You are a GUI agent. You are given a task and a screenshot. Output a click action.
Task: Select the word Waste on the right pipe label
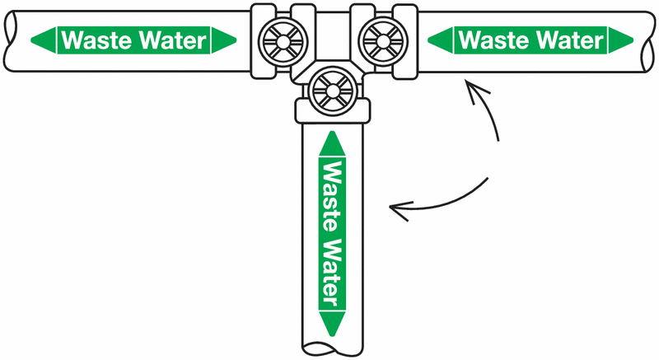[488, 39]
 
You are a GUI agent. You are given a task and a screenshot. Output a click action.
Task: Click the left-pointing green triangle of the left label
[42, 39]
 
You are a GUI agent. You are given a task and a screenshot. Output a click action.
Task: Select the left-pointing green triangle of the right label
[439, 39]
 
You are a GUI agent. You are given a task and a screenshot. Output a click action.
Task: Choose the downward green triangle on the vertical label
[331, 323]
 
